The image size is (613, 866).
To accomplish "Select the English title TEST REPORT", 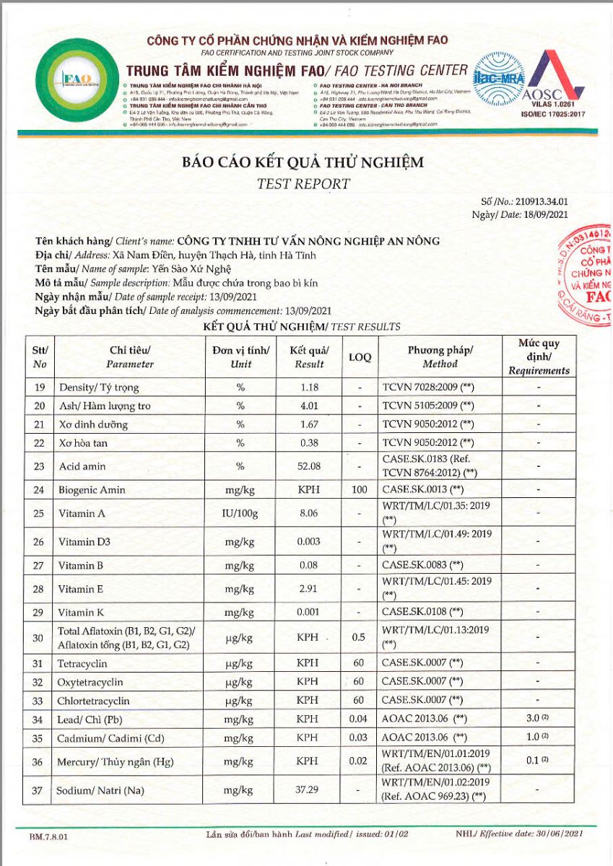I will tap(303, 183).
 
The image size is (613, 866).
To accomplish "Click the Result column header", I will tap(309, 357).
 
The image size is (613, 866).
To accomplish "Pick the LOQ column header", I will tap(360, 357).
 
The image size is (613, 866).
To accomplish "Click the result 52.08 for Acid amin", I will tap(309, 467).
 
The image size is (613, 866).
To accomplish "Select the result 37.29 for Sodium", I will tap(309, 790).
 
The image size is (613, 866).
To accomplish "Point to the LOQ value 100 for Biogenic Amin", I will tap(360, 490).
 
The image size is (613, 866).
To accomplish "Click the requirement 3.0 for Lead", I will tap(535, 720).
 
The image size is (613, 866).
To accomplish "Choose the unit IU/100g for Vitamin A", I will tap(241, 514).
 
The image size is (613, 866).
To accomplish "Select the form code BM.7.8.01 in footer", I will tap(49, 836).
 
